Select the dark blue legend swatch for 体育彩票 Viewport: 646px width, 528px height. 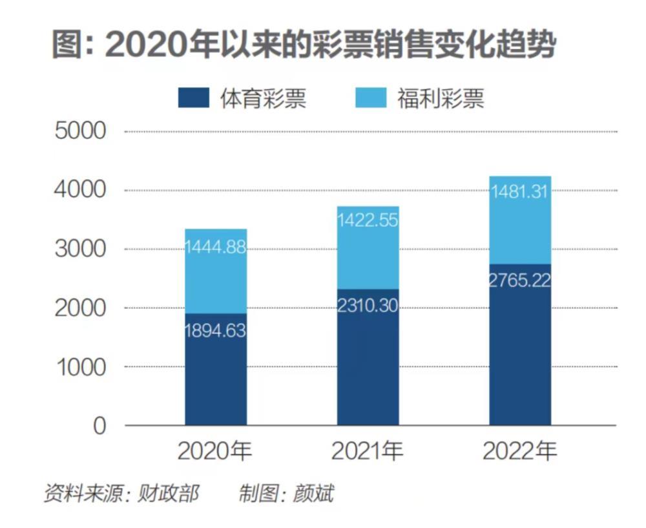(193, 99)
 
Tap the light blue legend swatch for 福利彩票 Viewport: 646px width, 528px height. (371, 99)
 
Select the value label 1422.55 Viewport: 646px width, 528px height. (368, 220)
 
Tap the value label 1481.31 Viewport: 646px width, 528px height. (520, 191)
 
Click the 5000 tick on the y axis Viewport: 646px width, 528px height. (80, 131)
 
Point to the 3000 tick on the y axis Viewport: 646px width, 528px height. (80, 249)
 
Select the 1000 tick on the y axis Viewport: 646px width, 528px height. (80, 367)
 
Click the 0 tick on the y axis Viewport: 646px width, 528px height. (98, 426)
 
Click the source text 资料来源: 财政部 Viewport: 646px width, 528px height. (121, 494)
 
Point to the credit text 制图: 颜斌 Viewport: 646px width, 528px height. (286, 494)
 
